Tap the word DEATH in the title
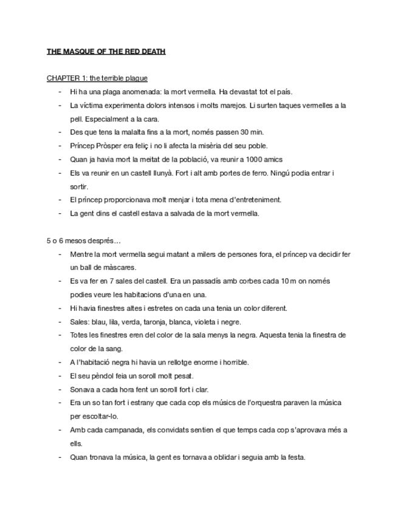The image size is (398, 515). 151,52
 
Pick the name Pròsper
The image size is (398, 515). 109,145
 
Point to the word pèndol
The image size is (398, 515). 103,376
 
